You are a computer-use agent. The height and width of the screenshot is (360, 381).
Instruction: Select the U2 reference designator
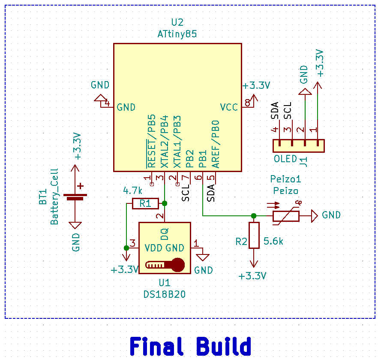tap(177, 23)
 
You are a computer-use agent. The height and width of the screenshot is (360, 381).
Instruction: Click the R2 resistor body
tap(254, 235)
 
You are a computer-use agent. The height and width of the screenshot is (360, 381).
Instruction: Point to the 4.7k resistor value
tap(132, 190)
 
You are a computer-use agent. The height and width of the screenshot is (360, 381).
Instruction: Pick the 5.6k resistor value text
tap(273, 242)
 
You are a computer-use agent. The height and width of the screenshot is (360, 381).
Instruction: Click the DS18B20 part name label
tap(165, 294)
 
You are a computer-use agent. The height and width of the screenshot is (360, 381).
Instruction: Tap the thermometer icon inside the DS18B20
tap(165, 265)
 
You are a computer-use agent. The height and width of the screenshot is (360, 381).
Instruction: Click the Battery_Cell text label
tap(54, 196)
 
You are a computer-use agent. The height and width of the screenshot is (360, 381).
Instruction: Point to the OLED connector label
tap(285, 159)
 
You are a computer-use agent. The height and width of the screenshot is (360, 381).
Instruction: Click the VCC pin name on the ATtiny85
tap(229, 107)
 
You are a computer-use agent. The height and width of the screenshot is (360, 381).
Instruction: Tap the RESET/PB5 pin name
tap(151, 141)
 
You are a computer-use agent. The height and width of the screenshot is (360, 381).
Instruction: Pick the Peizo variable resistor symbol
tap(286, 215)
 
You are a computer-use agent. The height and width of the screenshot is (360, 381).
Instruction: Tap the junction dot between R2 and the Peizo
tap(254, 215)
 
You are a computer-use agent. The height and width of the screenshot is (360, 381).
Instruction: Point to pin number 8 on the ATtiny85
tap(247, 103)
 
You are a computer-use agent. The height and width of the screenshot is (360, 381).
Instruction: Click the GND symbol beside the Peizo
tap(315, 215)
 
